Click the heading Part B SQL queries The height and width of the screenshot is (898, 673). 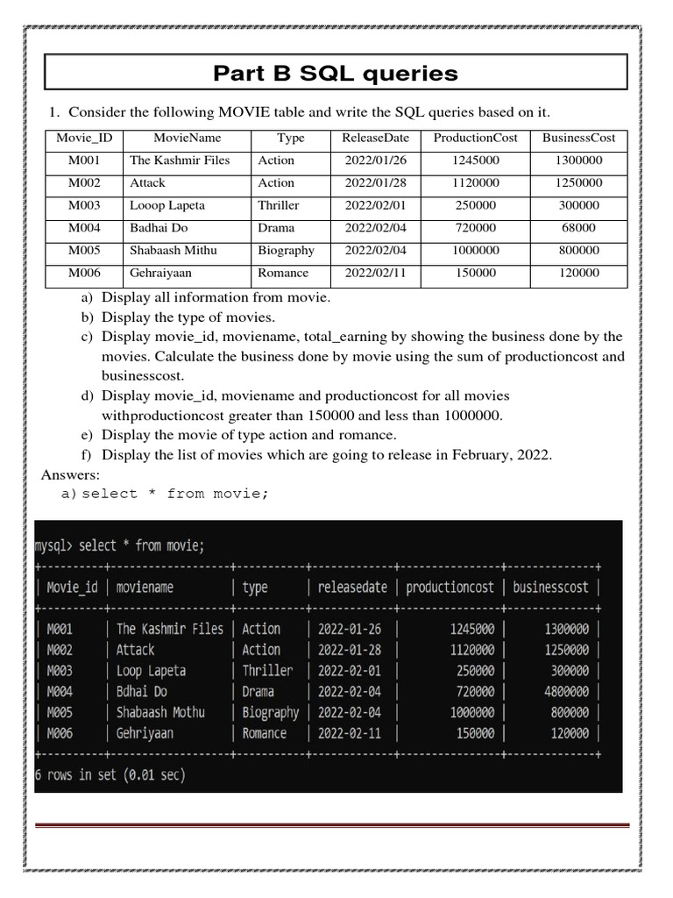(335, 73)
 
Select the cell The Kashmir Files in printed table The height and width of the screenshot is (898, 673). (180, 160)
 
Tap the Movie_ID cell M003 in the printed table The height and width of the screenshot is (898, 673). (84, 205)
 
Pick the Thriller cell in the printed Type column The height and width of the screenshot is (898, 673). (279, 205)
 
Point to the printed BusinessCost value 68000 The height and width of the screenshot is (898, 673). (578, 228)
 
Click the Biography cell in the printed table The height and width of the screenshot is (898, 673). (286, 251)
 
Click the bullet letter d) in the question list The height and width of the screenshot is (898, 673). (87, 396)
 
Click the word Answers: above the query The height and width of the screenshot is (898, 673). (70, 474)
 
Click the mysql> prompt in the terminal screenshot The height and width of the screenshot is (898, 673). (53, 546)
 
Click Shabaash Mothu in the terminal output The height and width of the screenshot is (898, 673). (160, 712)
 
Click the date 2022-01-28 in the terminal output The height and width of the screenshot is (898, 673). (350, 650)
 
